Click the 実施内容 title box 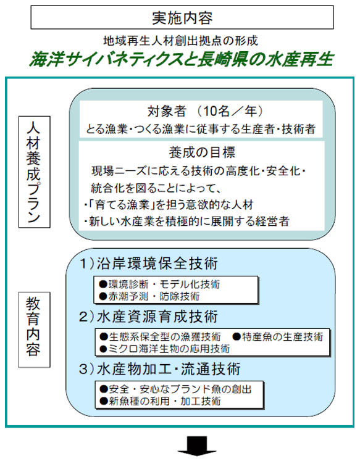pos(182,17)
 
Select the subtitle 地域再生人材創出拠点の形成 pos(180,41)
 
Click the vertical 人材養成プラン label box pos(35,172)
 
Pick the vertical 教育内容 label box pos(35,330)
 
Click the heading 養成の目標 pos(202,152)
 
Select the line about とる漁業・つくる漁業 pos(201,129)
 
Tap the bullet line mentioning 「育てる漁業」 pos(169,205)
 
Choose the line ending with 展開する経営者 pos(186,222)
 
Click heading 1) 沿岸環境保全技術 pos(149,263)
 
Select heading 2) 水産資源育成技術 pos(149,317)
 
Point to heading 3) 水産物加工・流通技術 pos(160,369)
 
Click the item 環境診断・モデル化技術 pos(160,284)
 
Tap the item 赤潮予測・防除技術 pos(149,296)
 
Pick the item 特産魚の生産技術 pos(278,336)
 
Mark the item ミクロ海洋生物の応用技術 pos(165,349)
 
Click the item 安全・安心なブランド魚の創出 pos(175,389)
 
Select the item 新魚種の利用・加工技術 pos(161,401)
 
